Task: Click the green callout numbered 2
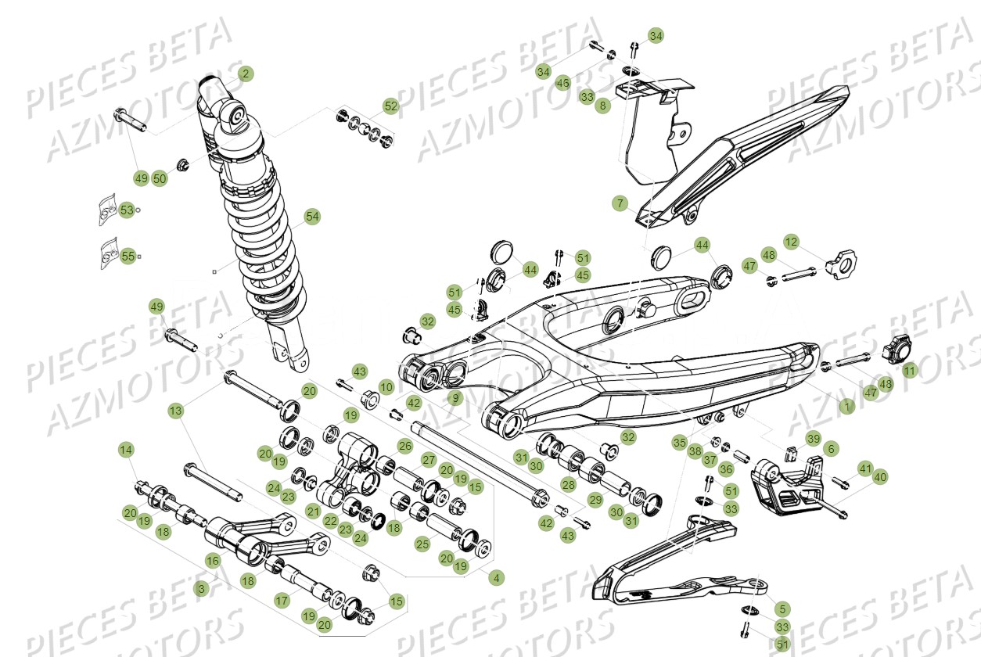tap(246, 74)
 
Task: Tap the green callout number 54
tap(312, 217)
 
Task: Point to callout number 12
tap(792, 242)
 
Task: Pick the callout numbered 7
tap(620, 204)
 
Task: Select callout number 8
tap(602, 106)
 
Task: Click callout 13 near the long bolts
tap(175, 411)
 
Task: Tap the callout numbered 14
tap(126, 450)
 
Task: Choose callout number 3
tap(202, 588)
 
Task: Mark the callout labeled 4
tap(495, 578)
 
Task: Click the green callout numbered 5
tap(782, 609)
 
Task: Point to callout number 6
tap(831, 448)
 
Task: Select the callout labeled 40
tap(881, 476)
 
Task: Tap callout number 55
tap(128, 256)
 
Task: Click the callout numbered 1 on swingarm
tap(844, 407)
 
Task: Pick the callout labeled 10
tap(386, 386)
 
